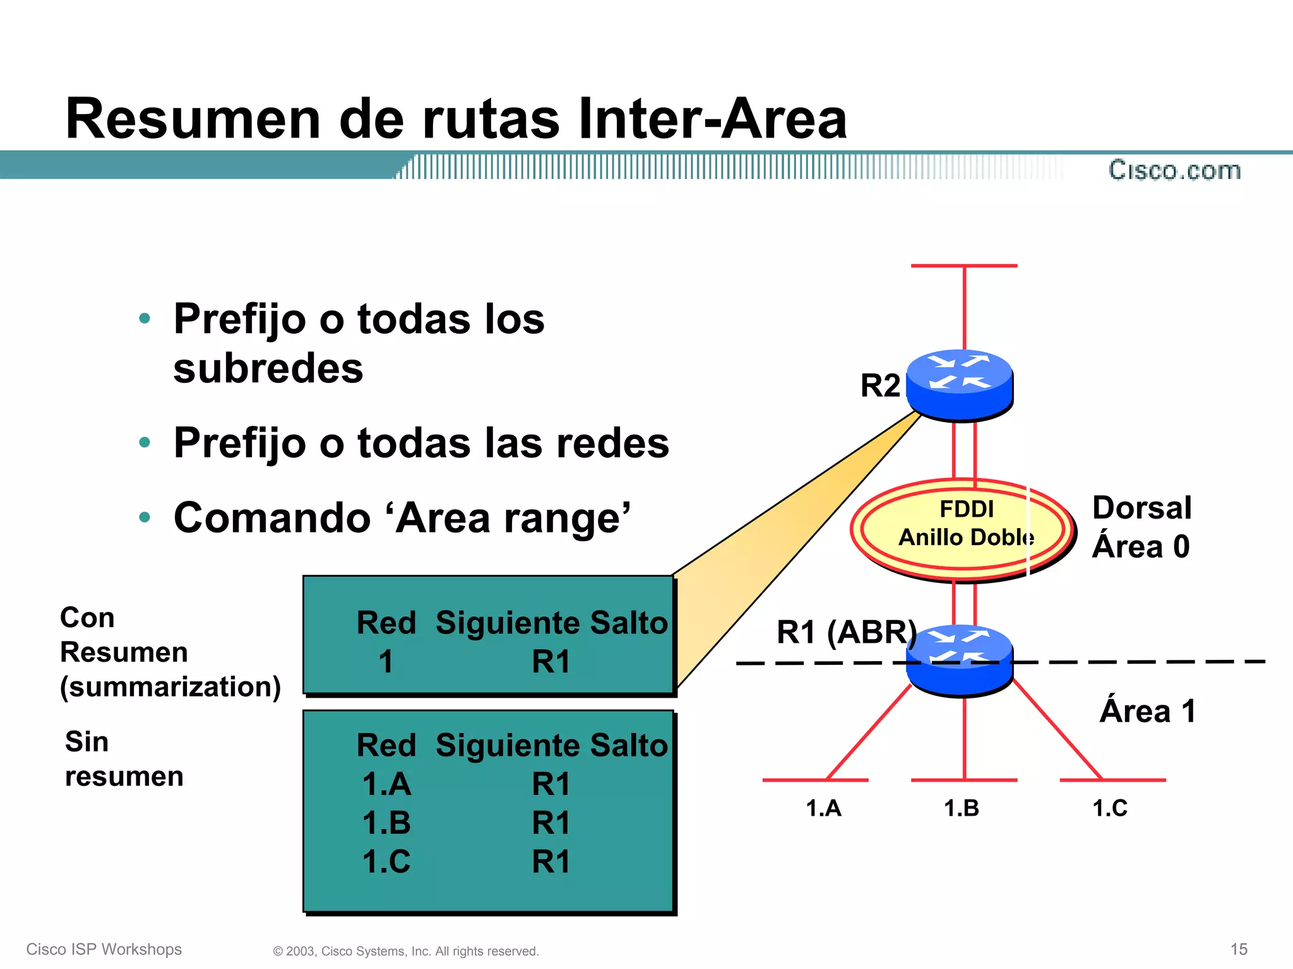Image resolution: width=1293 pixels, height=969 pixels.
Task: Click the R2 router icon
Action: [960, 384]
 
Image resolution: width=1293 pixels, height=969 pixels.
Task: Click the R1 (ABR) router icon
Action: [960, 660]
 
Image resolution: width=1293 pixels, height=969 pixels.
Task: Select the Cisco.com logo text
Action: [1174, 170]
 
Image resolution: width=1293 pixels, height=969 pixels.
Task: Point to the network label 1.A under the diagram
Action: [823, 808]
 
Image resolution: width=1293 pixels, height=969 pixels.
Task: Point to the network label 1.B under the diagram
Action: [961, 808]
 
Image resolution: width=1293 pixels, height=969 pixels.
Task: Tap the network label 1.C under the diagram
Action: [1109, 808]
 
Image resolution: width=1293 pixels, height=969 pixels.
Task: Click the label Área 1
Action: [1147, 711]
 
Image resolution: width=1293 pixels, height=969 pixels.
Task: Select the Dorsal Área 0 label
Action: [1141, 527]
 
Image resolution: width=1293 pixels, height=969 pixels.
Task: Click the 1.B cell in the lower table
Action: [386, 823]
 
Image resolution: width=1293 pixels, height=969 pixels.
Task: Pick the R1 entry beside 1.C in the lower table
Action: [551, 861]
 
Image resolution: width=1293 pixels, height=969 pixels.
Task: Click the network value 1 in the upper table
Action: [386, 662]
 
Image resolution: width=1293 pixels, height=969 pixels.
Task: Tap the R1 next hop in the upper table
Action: [551, 662]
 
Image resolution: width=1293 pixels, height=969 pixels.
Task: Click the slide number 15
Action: [1239, 949]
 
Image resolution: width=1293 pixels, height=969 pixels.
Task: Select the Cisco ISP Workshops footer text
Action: [104, 949]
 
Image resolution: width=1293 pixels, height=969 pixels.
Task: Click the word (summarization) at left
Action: [170, 686]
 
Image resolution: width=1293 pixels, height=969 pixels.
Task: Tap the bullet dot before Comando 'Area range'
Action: [145, 517]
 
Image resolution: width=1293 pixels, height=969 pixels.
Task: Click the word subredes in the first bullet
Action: [268, 368]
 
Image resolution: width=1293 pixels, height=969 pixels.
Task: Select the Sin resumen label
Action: [124, 759]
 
